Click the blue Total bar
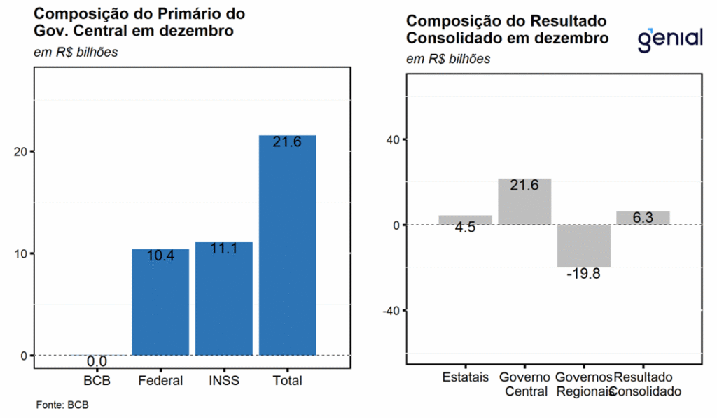287,245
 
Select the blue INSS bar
224,298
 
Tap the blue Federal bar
160,302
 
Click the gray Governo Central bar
524,202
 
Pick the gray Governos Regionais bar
584,246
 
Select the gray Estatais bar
465,220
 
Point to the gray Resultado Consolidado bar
643,218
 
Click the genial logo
670,39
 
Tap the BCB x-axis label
97,381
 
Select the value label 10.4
160,256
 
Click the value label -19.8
584,274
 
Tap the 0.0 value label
97,362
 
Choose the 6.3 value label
643,218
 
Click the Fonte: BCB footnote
62,405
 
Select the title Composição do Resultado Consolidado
507,29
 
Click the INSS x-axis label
224,381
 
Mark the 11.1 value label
224,248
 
